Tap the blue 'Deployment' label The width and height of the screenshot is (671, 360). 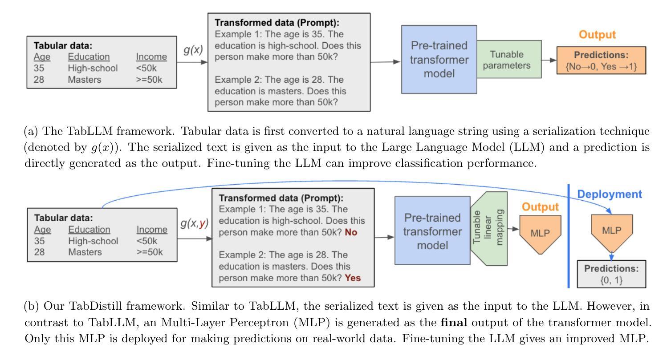(609, 194)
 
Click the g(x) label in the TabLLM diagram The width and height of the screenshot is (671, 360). (193, 50)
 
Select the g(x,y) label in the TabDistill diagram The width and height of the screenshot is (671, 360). (195, 224)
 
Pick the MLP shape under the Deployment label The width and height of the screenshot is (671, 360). (612, 231)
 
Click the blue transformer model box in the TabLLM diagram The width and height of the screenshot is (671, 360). (439, 59)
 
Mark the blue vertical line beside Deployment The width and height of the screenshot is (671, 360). (569, 236)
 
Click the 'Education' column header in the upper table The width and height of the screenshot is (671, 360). (88, 57)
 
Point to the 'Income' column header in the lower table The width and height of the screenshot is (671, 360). (152, 230)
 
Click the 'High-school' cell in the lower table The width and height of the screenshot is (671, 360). (93, 241)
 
